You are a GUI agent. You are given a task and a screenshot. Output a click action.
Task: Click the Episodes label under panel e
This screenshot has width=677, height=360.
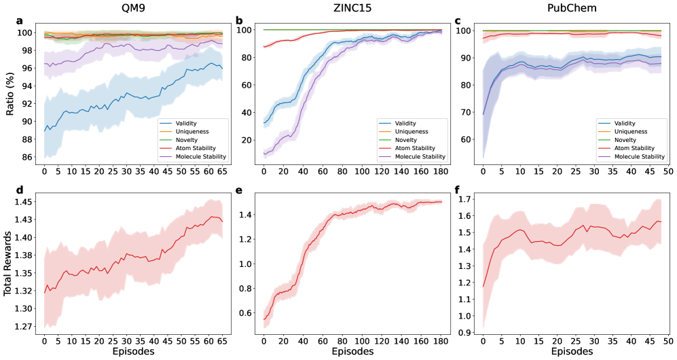[x=352, y=352]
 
